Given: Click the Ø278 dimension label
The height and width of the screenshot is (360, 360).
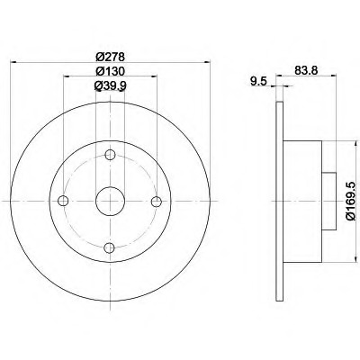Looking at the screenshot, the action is point(110,57).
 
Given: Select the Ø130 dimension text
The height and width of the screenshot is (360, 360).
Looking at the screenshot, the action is point(110,71).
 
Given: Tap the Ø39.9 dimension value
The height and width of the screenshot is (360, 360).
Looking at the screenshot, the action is point(110,86).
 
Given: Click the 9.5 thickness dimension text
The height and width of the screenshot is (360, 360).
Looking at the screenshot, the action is point(258,81).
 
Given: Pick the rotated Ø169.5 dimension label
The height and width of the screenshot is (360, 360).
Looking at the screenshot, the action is point(351,202).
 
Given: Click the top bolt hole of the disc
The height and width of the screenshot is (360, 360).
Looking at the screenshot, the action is point(110,155).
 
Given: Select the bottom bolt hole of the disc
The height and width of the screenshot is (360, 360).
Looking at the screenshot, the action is point(110,247).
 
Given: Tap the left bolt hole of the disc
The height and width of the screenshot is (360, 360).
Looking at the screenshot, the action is point(63,201).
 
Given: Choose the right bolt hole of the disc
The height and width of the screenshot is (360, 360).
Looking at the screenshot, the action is point(157,202).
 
